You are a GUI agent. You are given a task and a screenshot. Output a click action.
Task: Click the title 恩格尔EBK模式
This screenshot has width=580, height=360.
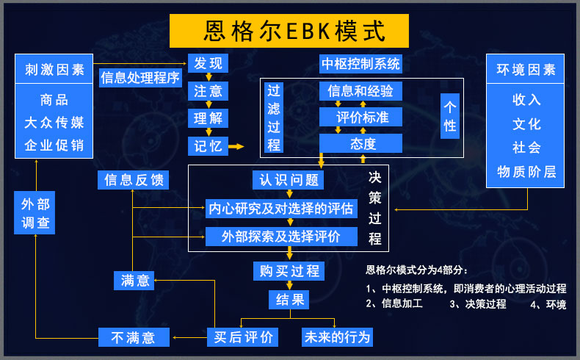(289, 32)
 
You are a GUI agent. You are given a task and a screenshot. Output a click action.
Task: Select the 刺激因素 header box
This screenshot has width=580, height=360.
(49, 70)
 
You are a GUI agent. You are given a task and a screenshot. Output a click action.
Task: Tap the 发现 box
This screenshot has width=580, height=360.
(209, 63)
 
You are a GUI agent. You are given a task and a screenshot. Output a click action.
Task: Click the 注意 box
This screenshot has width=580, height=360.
(209, 91)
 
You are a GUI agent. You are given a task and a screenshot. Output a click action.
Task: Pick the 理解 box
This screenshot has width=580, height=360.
(209, 118)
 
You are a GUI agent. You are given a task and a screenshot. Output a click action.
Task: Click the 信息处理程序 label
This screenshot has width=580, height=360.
(140, 78)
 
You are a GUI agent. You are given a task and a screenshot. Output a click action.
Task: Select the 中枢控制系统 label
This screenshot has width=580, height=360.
(361, 64)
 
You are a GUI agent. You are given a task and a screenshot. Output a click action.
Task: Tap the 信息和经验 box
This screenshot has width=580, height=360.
(360, 91)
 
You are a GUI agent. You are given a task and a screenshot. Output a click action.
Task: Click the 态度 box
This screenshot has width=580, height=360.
(360, 144)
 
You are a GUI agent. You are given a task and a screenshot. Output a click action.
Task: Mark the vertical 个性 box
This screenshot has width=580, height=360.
(450, 116)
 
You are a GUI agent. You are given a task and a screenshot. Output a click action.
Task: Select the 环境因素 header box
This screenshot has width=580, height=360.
(526, 70)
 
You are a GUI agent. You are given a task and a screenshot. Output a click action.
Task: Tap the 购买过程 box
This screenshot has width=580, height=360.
(289, 271)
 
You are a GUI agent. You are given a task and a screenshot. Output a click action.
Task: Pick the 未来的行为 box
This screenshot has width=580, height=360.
(338, 337)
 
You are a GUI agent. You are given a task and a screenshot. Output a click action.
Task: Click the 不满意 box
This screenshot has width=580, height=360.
(133, 337)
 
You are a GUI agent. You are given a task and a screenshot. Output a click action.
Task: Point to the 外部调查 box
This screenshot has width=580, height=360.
(35, 213)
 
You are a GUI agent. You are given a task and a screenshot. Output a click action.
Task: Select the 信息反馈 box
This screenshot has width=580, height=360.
(134, 180)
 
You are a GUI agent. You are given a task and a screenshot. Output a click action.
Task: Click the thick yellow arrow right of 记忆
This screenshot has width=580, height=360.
(236, 146)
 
